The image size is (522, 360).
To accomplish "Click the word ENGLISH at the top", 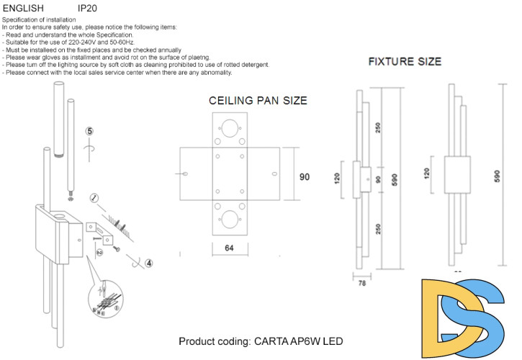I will pos(22,8).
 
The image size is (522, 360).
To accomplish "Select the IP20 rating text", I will pos(87,8).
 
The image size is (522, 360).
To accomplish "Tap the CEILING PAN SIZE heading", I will pos(258,102).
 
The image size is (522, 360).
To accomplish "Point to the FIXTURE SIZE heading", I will pos(405,62).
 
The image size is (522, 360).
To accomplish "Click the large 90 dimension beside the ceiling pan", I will pos(304,175).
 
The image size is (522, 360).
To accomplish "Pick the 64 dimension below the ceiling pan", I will pos(229,248).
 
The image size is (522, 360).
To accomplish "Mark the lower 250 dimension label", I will pos(377,230).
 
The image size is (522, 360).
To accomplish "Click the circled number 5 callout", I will pos(89,132).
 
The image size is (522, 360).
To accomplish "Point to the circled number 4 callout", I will pos(148,264).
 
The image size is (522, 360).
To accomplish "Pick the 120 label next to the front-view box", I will pos(427,174).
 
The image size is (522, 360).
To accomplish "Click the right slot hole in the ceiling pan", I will pos(274,174).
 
